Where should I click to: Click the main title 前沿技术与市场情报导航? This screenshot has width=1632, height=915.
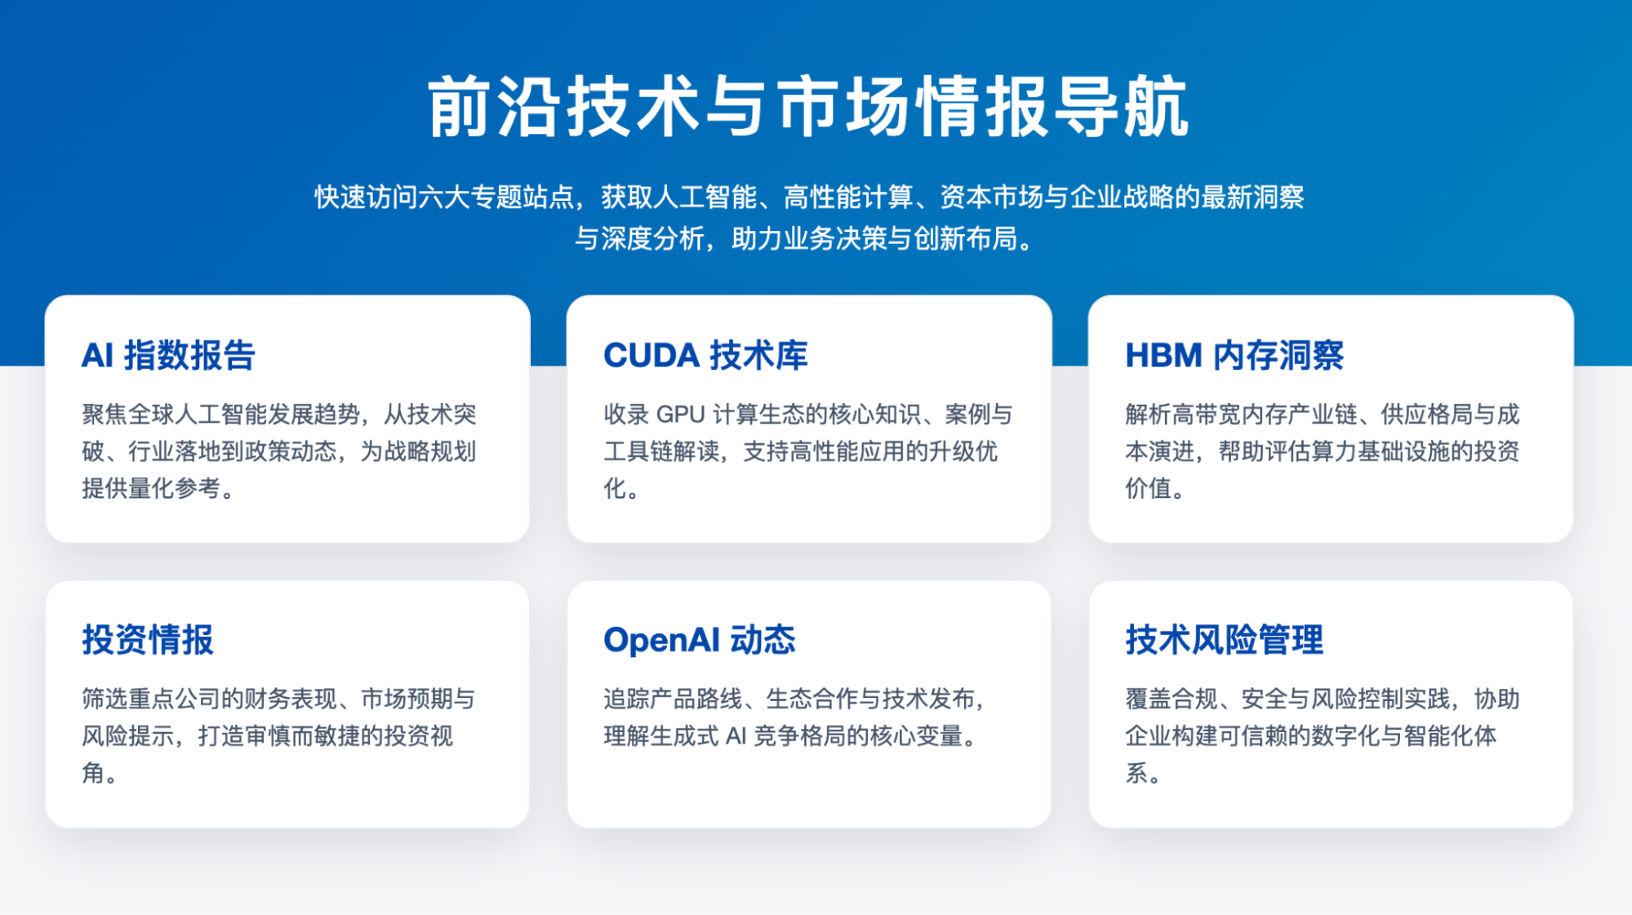pyautogui.click(x=808, y=107)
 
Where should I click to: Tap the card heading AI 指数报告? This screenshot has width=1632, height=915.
pyautogui.click(x=168, y=356)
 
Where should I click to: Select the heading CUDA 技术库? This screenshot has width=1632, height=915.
pyautogui.click(x=705, y=356)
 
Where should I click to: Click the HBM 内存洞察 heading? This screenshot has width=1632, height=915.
pyautogui.click(x=1234, y=356)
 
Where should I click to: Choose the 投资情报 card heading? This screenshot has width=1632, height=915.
pyautogui.click(x=148, y=640)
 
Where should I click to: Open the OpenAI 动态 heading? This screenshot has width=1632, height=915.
pyautogui.click(x=699, y=640)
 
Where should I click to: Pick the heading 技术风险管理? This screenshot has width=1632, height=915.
pyautogui.click(x=1224, y=640)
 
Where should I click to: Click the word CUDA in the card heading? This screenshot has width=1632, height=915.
pyautogui.click(x=651, y=356)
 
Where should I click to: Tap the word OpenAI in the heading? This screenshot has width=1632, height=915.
pyautogui.click(x=658, y=640)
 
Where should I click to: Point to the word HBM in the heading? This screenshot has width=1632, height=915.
pyautogui.click(x=1163, y=356)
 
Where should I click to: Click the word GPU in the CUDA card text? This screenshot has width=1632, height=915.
pyautogui.click(x=680, y=415)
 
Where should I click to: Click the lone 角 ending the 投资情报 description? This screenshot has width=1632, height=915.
pyautogui.click(x=93, y=772)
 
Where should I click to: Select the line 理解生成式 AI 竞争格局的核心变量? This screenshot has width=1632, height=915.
pyautogui.click(x=789, y=736)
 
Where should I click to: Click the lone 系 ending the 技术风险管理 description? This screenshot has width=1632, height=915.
pyautogui.click(x=1137, y=772)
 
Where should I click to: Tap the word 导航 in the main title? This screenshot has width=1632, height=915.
pyautogui.click(x=1120, y=107)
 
